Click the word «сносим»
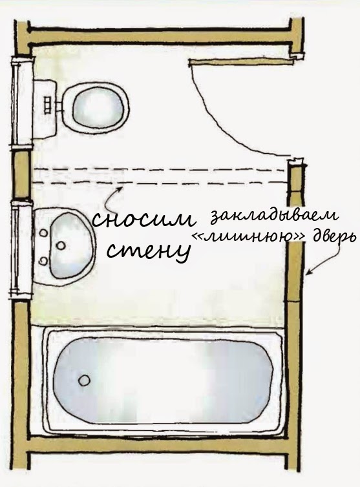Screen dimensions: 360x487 143,219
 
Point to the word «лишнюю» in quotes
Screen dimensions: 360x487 250,237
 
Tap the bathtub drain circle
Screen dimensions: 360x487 84,380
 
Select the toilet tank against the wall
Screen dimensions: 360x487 45,108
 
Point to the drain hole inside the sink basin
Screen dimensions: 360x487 61,245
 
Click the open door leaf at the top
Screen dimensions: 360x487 241,61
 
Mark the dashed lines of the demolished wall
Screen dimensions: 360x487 159,176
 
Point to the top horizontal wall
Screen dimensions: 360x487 160,36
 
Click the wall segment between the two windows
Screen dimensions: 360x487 22,174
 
